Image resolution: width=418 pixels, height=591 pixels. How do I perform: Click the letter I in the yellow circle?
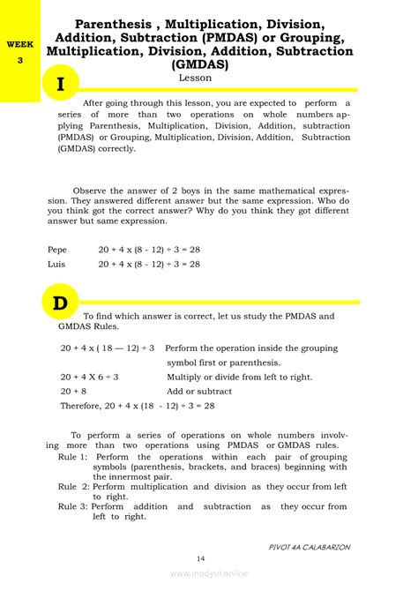[59, 86]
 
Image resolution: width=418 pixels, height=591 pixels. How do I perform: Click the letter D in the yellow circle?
[60, 304]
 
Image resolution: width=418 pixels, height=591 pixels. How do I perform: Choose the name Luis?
[57, 263]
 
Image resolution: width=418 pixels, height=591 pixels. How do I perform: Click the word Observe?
[93, 190]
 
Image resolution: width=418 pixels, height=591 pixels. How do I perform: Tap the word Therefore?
[84, 406]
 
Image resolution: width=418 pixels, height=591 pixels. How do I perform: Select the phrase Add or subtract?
[199, 391]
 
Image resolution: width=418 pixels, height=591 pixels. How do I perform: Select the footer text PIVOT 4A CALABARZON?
[310, 547]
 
